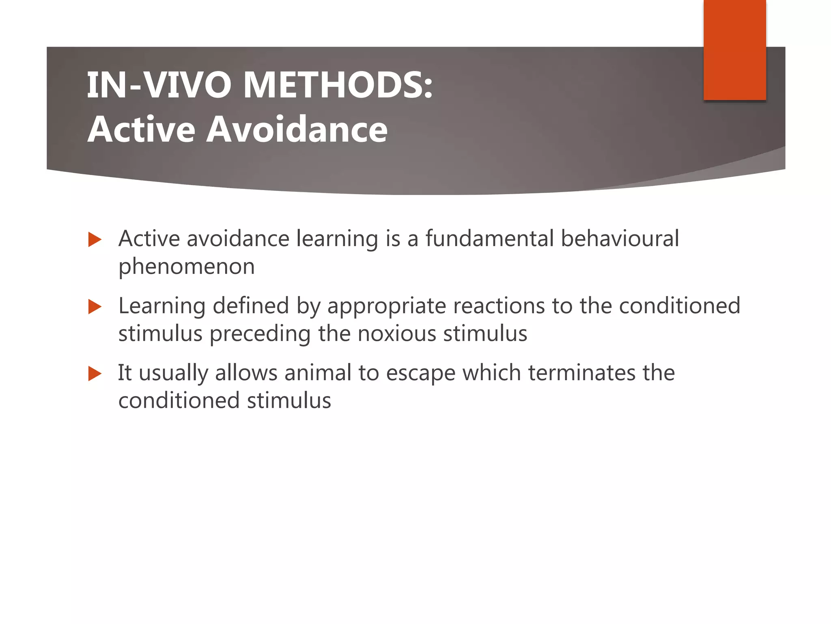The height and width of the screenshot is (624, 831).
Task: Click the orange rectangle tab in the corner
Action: (x=734, y=50)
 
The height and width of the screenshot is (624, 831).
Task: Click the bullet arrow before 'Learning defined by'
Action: (x=95, y=307)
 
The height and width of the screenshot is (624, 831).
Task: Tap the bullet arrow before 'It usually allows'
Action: (x=95, y=374)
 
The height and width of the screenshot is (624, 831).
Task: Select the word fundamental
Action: (x=489, y=238)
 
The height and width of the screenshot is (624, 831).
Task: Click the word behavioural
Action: (x=620, y=238)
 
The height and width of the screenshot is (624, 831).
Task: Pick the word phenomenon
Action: (x=186, y=267)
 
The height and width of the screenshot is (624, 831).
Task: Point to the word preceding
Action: (x=260, y=334)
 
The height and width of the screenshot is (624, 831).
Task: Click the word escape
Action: (x=421, y=373)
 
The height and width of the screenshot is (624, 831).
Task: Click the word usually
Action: (x=173, y=373)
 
